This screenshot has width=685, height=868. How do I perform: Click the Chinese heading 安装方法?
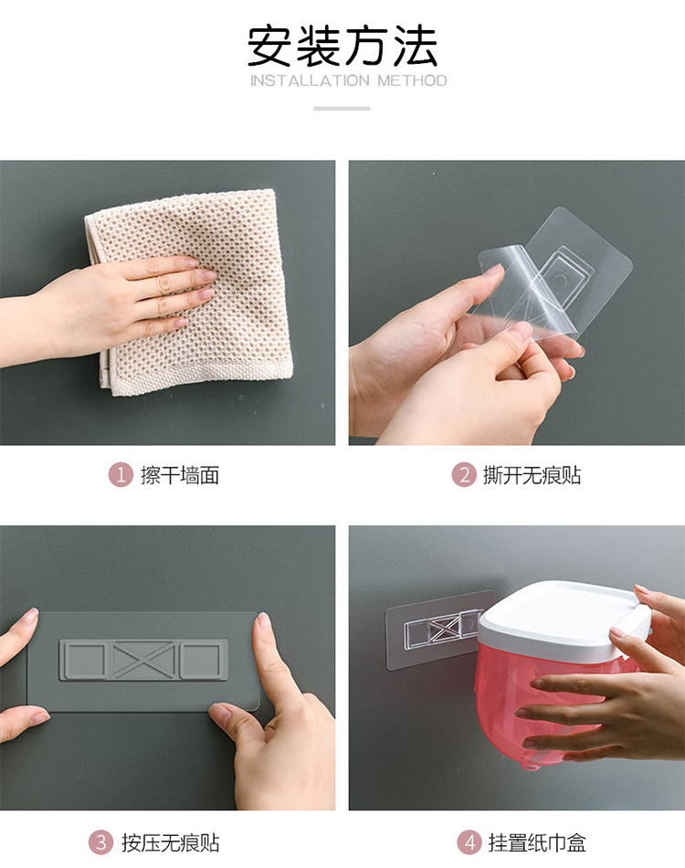point(342,46)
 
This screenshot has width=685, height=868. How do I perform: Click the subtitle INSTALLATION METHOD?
point(349,80)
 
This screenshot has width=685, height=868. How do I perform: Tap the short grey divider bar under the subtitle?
point(342,109)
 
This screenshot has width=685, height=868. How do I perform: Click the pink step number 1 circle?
point(121,475)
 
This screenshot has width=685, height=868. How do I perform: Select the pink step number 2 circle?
point(464,475)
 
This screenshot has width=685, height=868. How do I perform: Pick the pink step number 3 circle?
point(101,842)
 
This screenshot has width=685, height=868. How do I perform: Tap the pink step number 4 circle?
point(469,842)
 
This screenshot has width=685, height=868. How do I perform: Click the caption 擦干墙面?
point(180,475)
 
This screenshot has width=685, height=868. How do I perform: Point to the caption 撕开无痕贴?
point(532,475)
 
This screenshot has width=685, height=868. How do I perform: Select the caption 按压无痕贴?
point(171,843)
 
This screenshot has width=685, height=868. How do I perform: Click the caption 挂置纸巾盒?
point(537,843)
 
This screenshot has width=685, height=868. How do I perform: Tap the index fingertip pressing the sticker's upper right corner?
point(263,623)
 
